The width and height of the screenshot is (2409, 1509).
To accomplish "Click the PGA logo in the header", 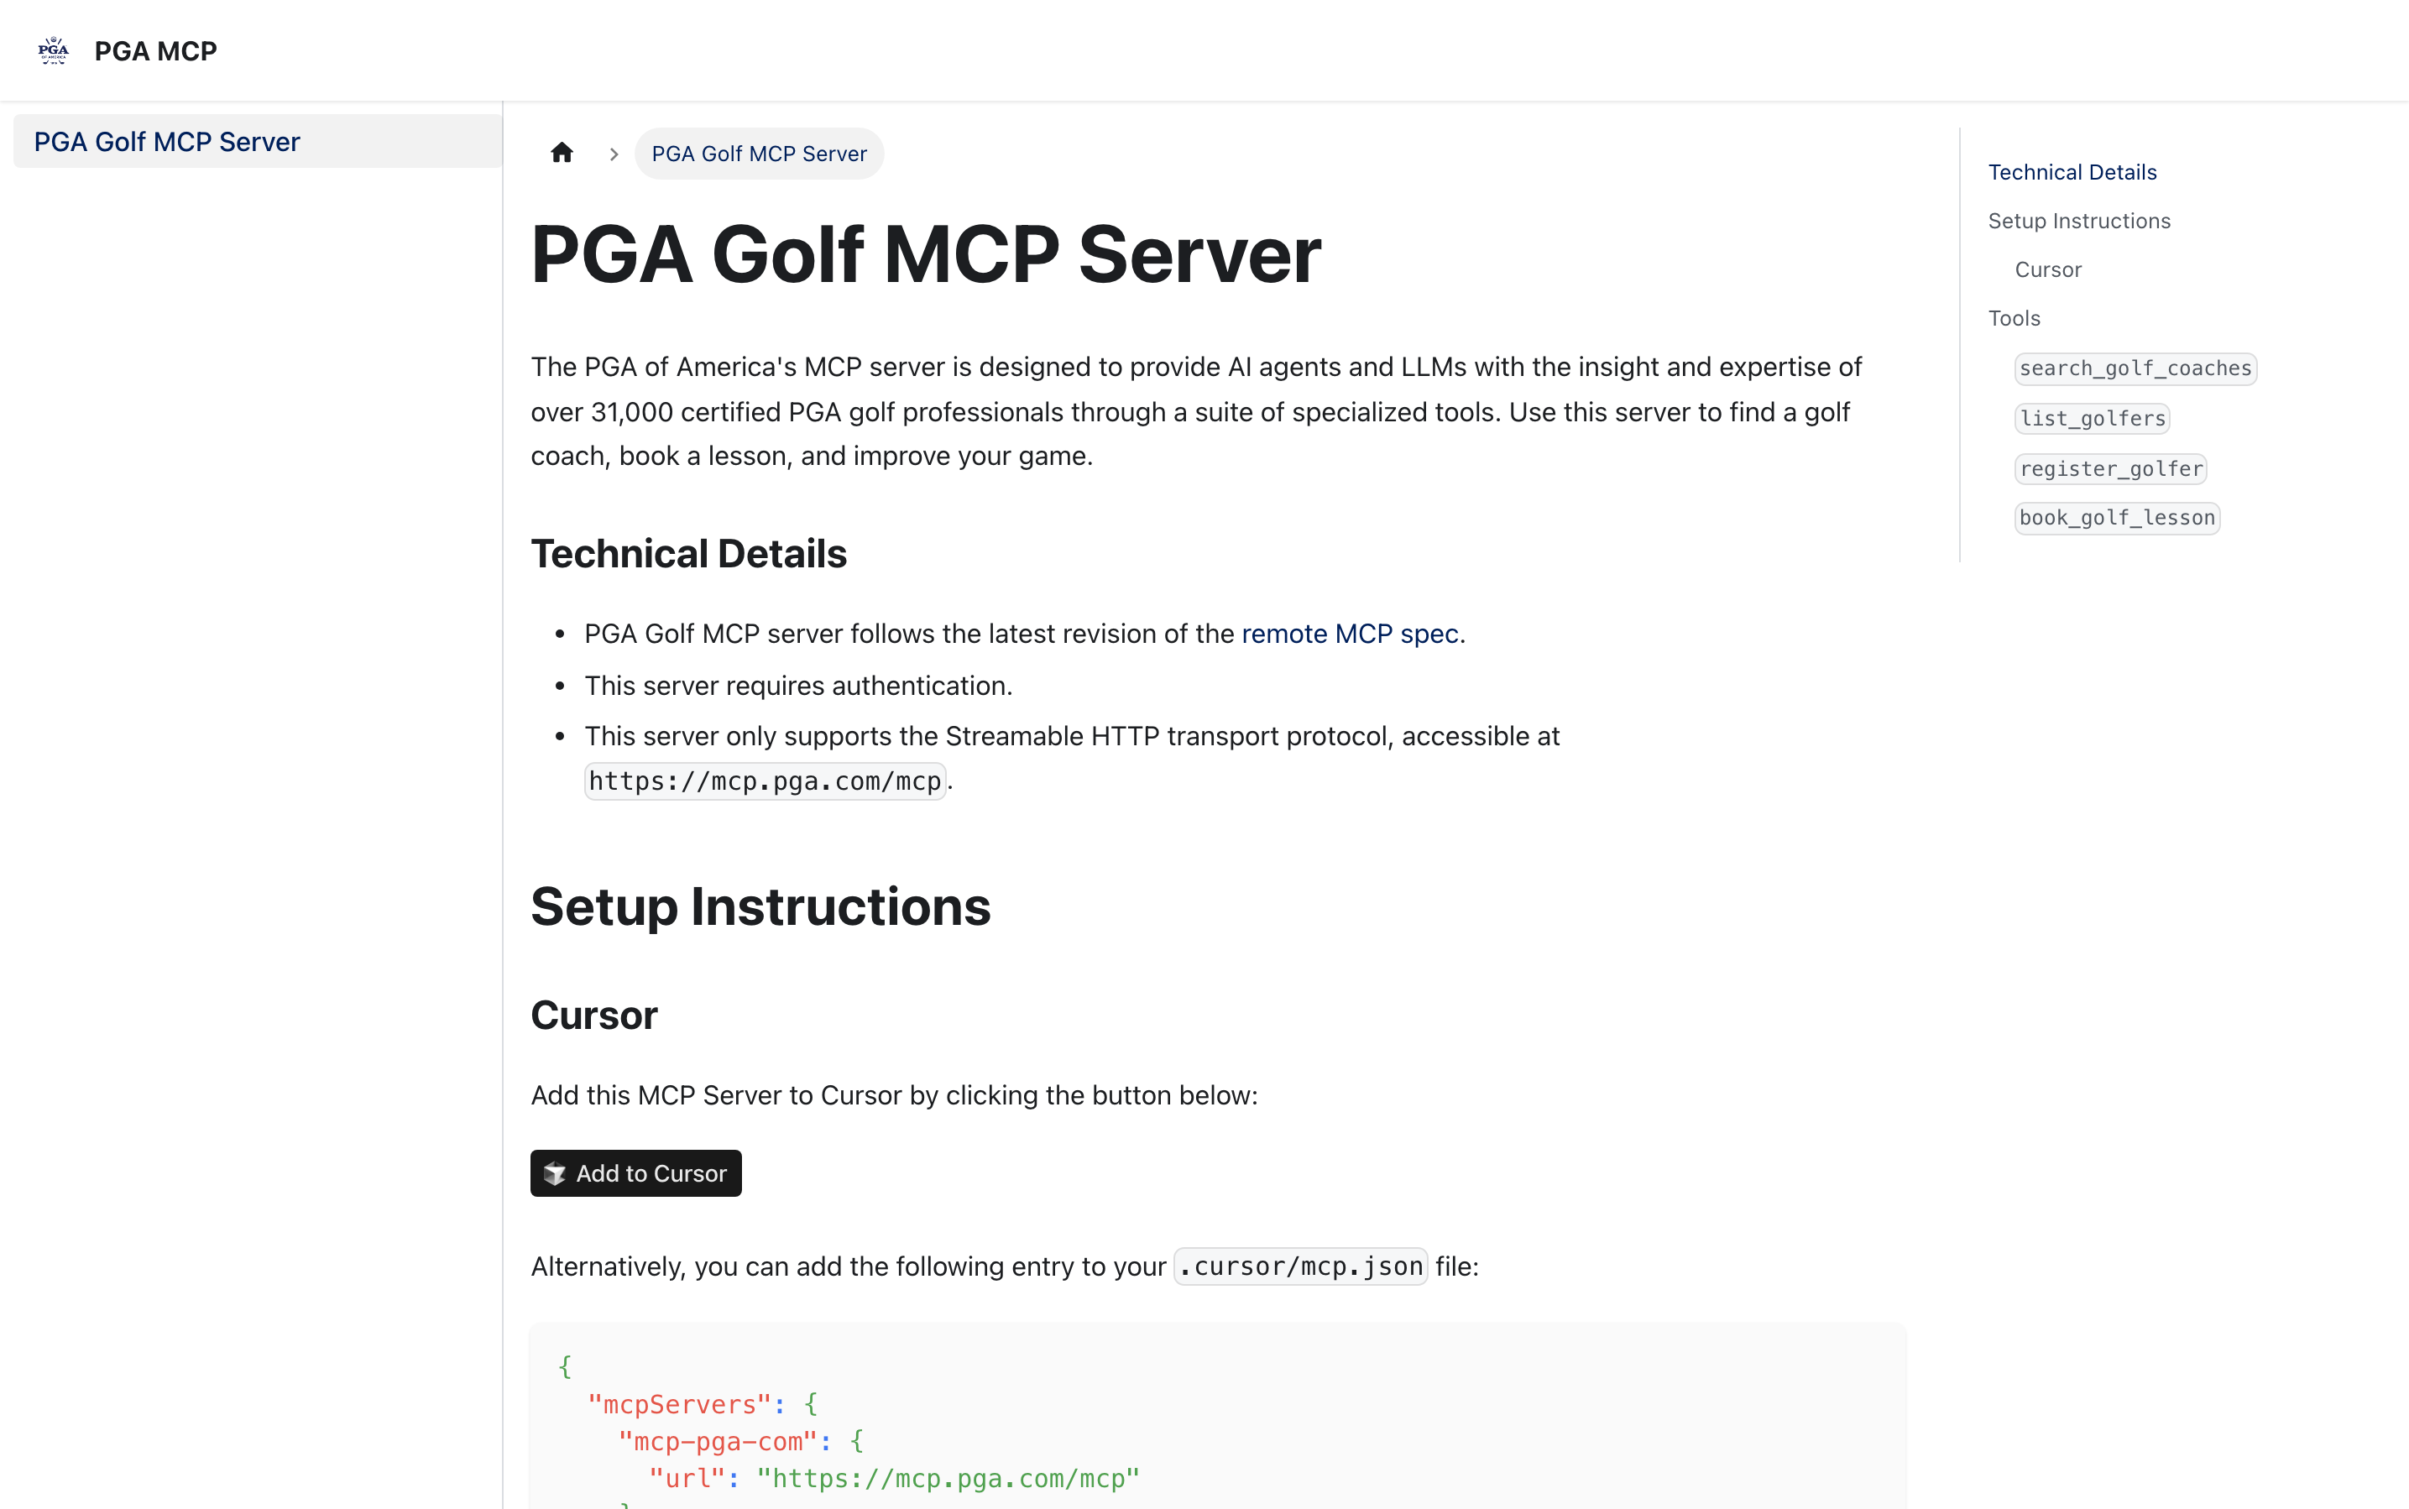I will click(53, 50).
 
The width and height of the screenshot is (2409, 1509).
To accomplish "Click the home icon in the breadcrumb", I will click(562, 153).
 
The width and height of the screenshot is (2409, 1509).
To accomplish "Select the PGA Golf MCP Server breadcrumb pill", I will click(759, 154).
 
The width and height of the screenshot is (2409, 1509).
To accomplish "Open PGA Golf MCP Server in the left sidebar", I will click(167, 142).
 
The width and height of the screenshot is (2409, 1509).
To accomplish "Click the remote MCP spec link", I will click(1349, 634).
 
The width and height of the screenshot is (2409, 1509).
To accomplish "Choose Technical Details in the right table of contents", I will click(2072, 173).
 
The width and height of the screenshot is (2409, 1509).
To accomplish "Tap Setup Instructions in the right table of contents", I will click(2078, 222).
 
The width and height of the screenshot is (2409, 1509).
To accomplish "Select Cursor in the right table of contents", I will click(2048, 269).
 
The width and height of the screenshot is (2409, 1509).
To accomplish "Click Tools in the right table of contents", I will click(2014, 318).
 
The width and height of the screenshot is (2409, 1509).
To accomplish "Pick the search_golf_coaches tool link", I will click(2135, 368).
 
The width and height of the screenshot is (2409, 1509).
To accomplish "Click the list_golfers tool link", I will click(2092, 419).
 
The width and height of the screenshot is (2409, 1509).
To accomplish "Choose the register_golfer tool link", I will click(2109, 469).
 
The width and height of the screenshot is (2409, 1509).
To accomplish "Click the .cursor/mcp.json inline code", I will click(1300, 1266).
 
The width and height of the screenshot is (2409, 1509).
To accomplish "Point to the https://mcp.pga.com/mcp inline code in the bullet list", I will click(765, 781).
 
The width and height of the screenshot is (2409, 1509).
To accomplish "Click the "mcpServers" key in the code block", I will click(678, 1404).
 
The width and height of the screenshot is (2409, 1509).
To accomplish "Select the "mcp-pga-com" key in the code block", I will click(717, 1441).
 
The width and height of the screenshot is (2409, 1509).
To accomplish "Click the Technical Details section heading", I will click(688, 554).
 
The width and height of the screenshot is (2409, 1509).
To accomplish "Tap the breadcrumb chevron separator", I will click(614, 154).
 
